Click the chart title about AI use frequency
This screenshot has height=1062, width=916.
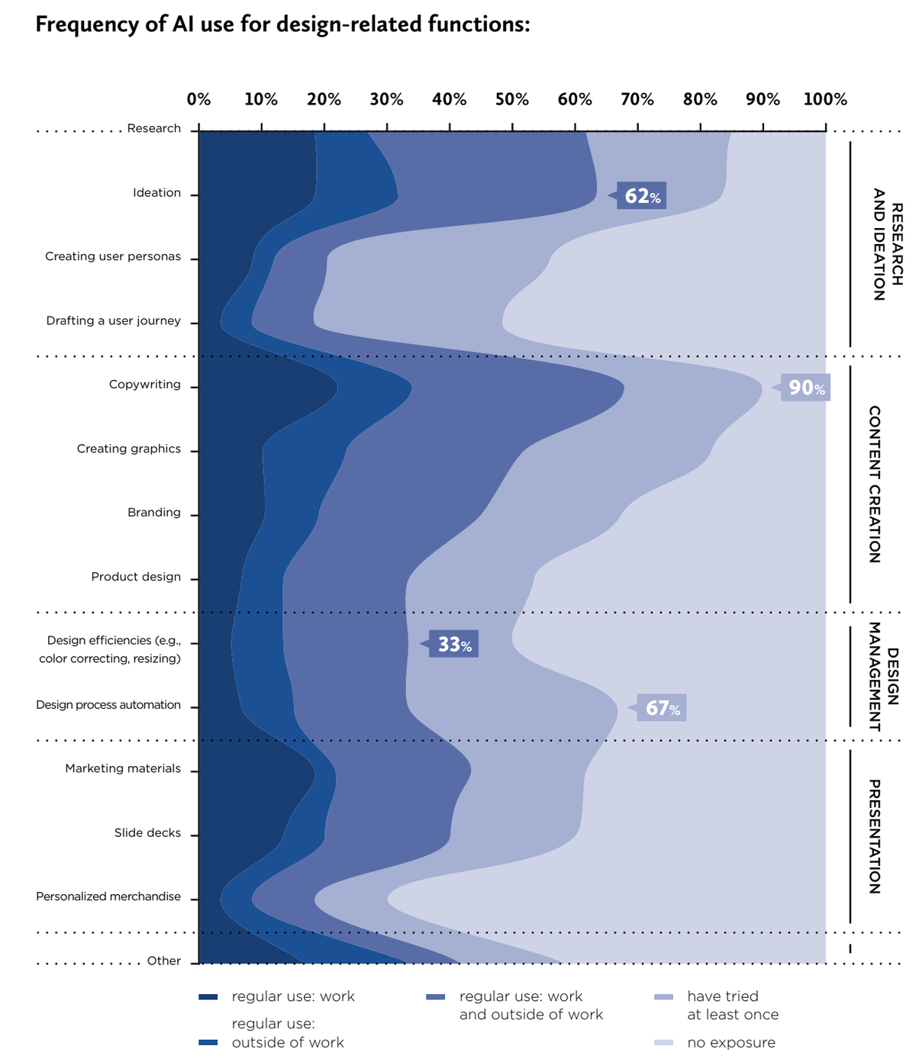click(x=282, y=24)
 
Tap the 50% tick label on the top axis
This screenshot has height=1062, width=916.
click(x=511, y=99)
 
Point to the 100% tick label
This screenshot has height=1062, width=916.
click(x=825, y=99)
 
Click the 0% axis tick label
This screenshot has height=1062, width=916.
click(x=198, y=99)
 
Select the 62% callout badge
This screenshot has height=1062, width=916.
click(x=642, y=196)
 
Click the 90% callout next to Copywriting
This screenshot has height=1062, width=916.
click(x=805, y=388)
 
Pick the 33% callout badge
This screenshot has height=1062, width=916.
click(x=453, y=645)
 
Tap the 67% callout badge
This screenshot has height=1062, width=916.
click(x=662, y=708)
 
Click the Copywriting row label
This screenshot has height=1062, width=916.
click(x=145, y=385)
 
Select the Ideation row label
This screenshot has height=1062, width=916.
click(x=156, y=193)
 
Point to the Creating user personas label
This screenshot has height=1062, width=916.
click(x=113, y=256)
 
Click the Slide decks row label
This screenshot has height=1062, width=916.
click(x=147, y=832)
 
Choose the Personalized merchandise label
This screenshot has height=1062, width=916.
click(x=108, y=896)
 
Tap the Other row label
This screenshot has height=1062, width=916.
click(x=164, y=961)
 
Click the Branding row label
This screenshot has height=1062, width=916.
click(x=154, y=512)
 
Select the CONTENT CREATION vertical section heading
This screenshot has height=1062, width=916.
click(x=875, y=484)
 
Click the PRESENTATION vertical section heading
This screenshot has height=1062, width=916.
click(x=875, y=836)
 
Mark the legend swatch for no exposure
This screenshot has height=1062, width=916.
click(x=664, y=1043)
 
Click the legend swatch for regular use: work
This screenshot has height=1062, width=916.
click(x=208, y=997)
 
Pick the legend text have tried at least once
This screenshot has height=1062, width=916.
click(x=733, y=1006)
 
